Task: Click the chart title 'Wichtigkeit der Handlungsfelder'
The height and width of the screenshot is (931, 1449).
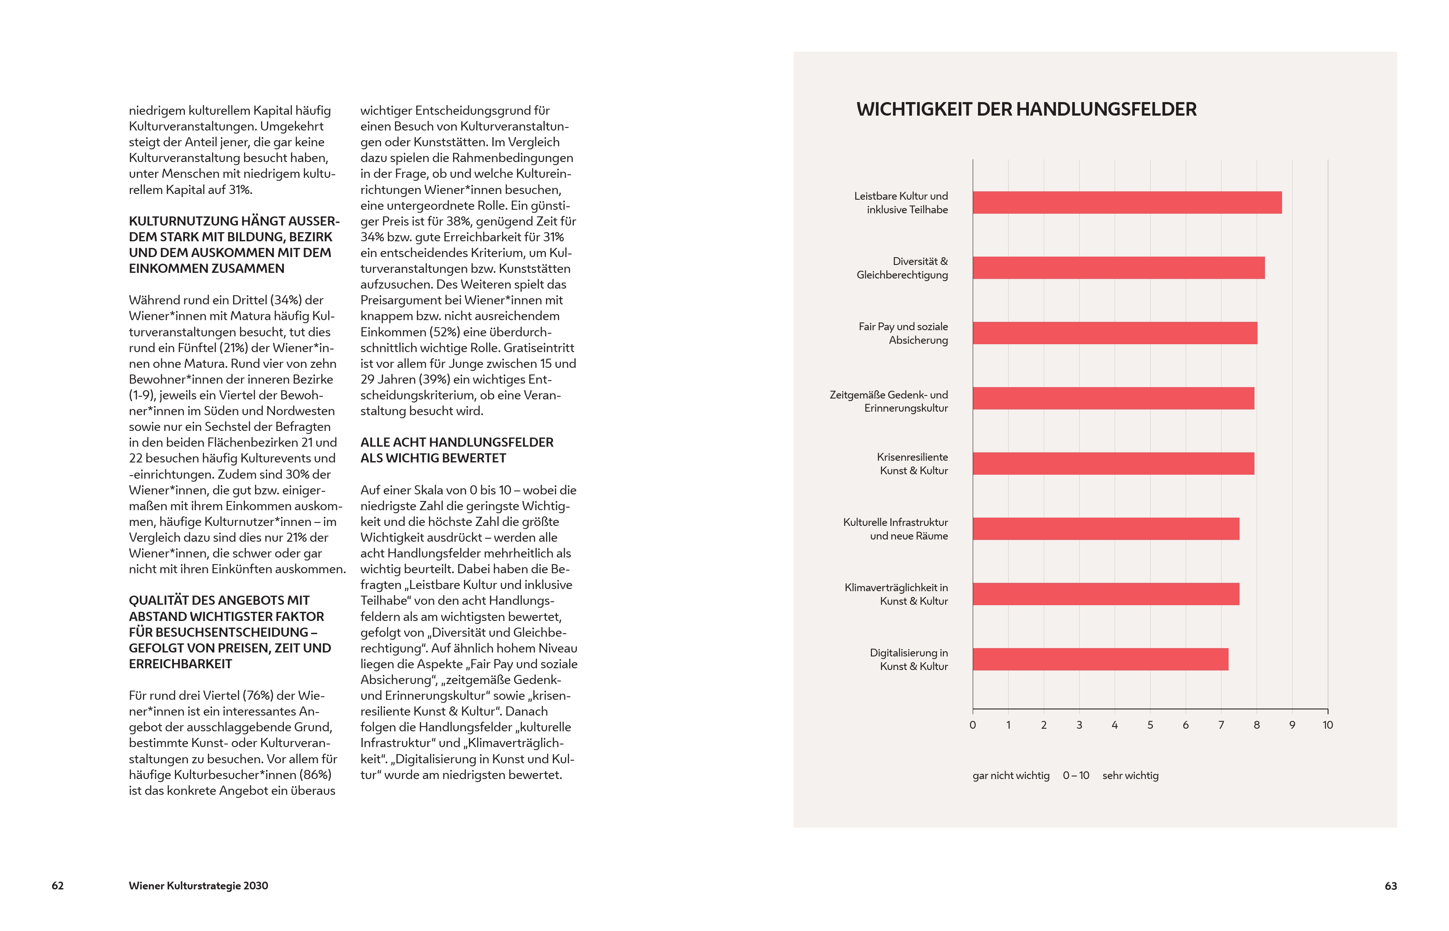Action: [x=1026, y=109]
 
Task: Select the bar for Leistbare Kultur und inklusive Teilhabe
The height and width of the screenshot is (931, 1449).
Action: [x=1127, y=202]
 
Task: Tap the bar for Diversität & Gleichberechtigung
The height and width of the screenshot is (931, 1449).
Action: [x=1118, y=268]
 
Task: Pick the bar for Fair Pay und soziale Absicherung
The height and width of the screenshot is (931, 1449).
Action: [x=1115, y=333]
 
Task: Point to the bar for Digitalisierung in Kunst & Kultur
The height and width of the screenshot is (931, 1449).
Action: [x=1100, y=659]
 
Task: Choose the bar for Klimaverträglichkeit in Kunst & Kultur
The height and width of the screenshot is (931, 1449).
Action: [x=1105, y=594]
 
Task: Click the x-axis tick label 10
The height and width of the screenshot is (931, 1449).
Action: [x=1328, y=725]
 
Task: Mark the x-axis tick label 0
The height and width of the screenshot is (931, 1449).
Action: [x=972, y=725]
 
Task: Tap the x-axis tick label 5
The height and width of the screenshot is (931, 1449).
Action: [x=1150, y=725]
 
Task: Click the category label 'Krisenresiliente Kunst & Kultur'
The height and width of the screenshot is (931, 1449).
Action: [x=913, y=464]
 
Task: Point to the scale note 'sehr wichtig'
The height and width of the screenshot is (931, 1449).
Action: [x=1130, y=776]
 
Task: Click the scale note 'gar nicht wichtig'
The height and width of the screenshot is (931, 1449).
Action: [x=1010, y=776]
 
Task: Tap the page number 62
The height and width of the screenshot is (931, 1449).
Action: [x=57, y=885]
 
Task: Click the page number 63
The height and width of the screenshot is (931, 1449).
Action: [x=1390, y=885]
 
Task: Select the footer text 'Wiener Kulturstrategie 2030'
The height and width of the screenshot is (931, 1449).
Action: [x=198, y=885]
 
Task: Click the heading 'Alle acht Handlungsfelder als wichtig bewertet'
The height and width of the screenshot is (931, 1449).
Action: [x=457, y=450]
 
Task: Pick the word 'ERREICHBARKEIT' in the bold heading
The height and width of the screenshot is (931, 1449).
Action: [x=180, y=664]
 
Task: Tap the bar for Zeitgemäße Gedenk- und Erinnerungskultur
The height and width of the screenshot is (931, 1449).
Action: [x=1113, y=398]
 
